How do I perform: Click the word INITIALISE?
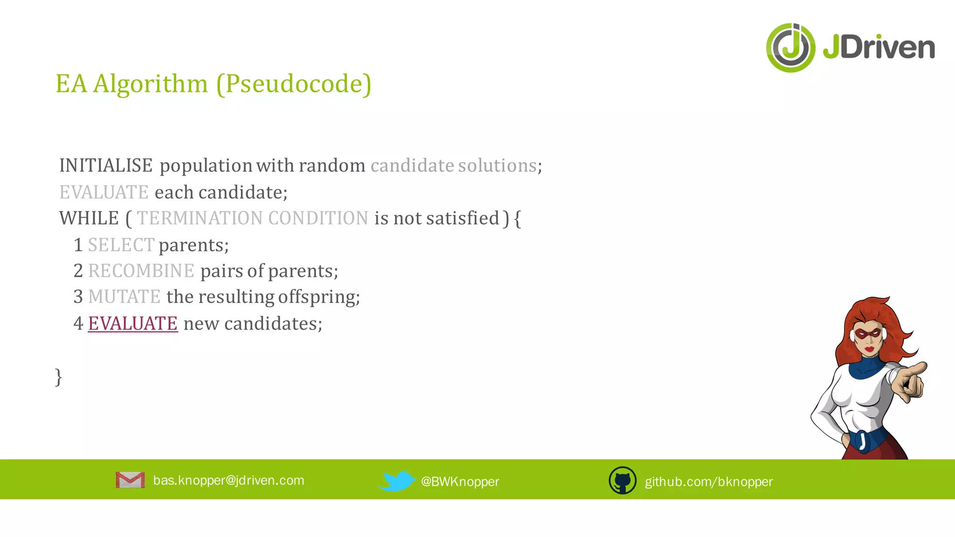(106, 165)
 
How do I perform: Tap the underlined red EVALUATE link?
(133, 324)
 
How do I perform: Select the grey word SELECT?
(121, 245)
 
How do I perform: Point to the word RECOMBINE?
(141, 271)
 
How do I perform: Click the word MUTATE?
(124, 297)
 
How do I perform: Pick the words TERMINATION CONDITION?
(252, 218)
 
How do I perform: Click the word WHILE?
(89, 218)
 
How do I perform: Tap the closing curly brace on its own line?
(58, 377)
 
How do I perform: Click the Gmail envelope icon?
(130, 480)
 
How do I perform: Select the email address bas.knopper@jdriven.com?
(228, 480)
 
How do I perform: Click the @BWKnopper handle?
(460, 482)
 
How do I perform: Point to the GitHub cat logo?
(623, 480)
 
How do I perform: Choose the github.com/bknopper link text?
(708, 482)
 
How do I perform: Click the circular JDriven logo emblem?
(791, 48)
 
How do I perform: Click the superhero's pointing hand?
(909, 380)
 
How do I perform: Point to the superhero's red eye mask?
(868, 334)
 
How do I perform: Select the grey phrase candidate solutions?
(453, 165)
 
